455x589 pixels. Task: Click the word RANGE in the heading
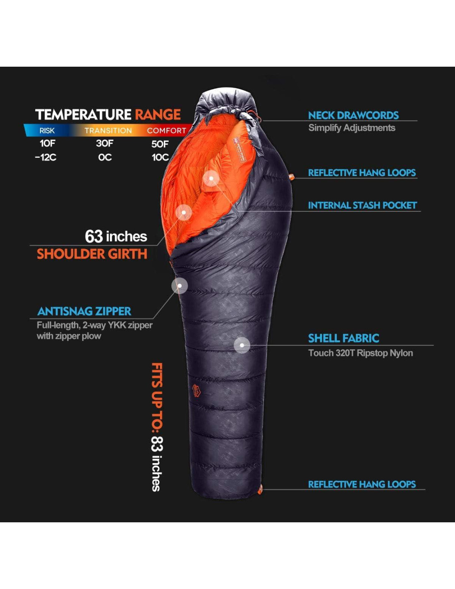click(x=158, y=114)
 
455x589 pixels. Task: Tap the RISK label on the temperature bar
click(x=47, y=130)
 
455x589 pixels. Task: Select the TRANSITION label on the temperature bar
click(x=108, y=130)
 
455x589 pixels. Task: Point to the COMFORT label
click(x=166, y=130)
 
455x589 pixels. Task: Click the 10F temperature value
click(x=47, y=143)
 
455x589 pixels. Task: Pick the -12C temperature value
click(x=45, y=157)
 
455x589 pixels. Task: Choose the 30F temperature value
click(x=105, y=143)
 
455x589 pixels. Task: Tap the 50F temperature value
click(x=160, y=144)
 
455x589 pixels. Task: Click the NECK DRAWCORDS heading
click(x=353, y=115)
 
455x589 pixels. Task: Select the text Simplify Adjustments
click(x=352, y=128)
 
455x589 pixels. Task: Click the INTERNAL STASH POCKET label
click(x=362, y=205)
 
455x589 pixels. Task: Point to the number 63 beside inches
click(x=93, y=236)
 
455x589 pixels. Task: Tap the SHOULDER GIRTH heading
click(x=92, y=253)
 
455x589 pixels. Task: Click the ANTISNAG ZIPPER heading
click(x=84, y=311)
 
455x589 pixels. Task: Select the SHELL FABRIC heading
click(x=343, y=338)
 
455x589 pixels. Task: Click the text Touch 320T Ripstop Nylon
click(x=360, y=353)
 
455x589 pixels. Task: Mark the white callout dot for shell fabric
click(x=242, y=345)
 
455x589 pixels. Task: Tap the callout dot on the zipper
click(x=180, y=286)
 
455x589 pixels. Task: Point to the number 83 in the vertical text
click(x=157, y=444)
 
